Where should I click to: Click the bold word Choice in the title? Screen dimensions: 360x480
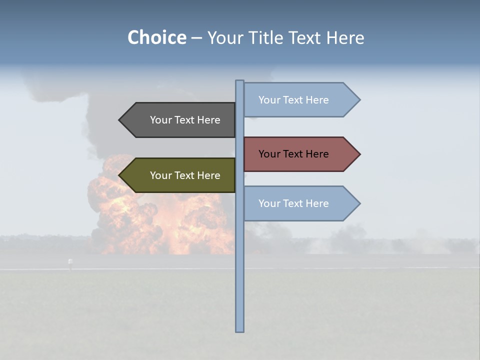(x=156, y=38)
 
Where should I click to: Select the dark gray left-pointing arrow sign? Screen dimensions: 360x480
(x=180, y=120)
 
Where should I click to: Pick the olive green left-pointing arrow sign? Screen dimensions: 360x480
(x=180, y=175)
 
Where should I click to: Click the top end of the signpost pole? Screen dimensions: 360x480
(x=239, y=81)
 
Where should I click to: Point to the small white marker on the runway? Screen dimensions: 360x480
(x=70, y=261)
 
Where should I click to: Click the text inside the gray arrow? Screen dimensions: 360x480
(x=185, y=120)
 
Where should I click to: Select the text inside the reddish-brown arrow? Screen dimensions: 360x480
(x=293, y=154)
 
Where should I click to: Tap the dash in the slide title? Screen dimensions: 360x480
(x=196, y=38)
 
